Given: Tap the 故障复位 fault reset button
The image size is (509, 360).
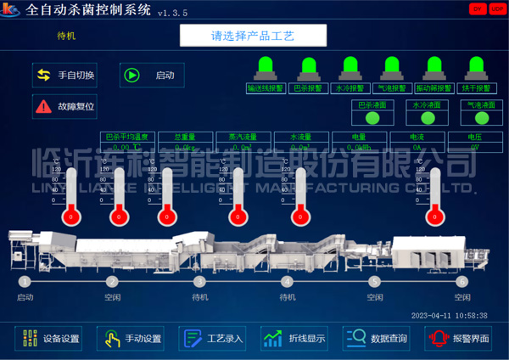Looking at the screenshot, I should pyautogui.click(x=65, y=107).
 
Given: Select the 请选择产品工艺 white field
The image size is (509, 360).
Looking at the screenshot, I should pyautogui.click(x=253, y=37).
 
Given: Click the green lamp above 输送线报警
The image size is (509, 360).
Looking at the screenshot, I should pyautogui.click(x=264, y=65).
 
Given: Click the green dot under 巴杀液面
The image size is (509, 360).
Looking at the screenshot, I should pyautogui.click(x=372, y=118).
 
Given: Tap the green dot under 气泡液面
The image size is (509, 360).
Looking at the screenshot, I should pyautogui.click(x=482, y=118).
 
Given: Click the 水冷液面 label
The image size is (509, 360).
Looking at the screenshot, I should pyautogui.click(x=427, y=104).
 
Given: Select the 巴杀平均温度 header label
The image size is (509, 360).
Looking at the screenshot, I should pyautogui.click(x=124, y=136).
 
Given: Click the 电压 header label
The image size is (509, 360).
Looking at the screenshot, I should pyautogui.click(x=475, y=136).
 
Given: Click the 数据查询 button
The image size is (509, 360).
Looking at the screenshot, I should pyautogui.click(x=378, y=338).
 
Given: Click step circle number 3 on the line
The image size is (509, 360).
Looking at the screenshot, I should pyautogui.click(x=200, y=281).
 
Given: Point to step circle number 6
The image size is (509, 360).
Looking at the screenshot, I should pyautogui.click(x=461, y=281).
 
